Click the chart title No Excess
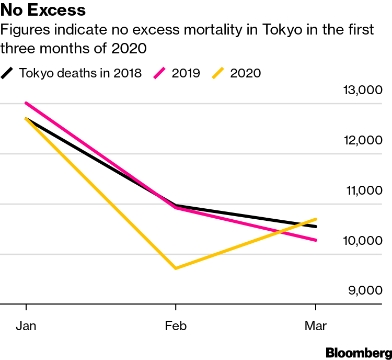(43, 10)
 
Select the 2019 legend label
(186, 73)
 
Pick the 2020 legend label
(245, 73)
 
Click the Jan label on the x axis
(26, 326)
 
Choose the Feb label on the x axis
(176, 326)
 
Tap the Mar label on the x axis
(316, 326)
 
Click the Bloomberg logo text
(359, 352)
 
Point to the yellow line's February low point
(176, 268)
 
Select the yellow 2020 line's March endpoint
(316, 219)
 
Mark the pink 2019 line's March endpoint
(316, 240)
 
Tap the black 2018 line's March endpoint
(316, 227)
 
